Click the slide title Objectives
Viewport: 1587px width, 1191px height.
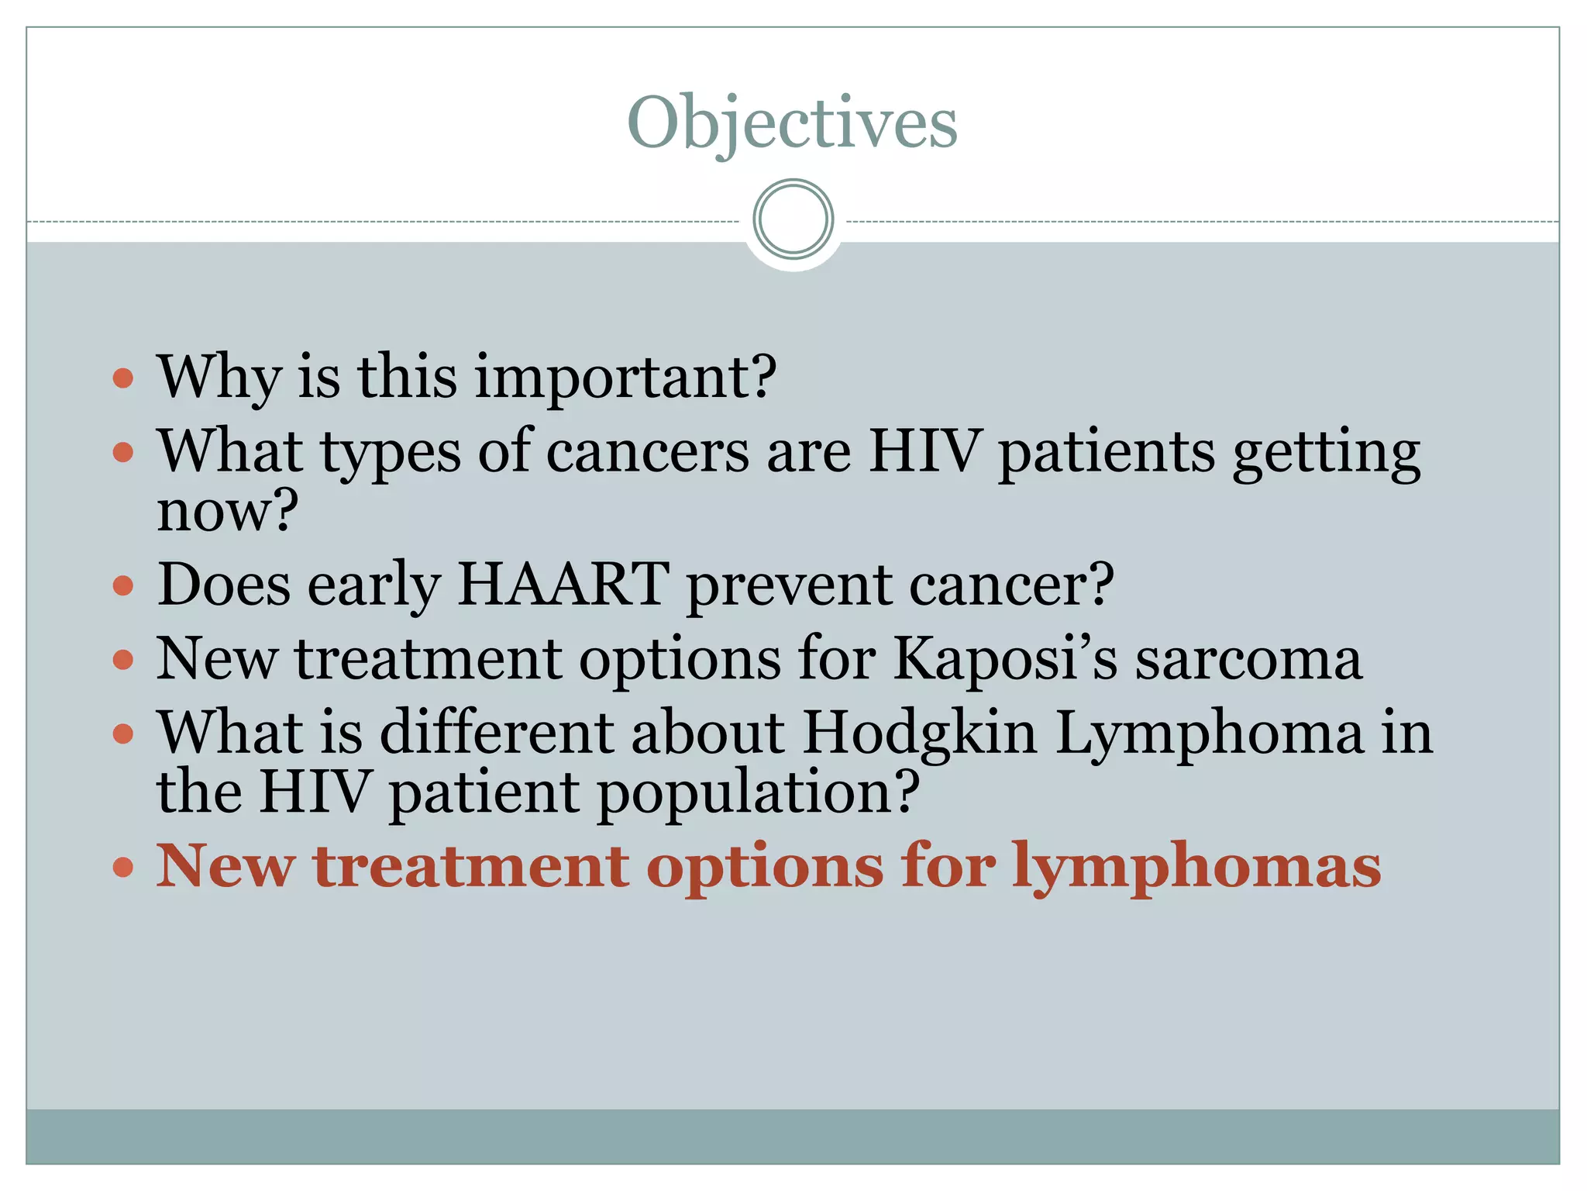792,123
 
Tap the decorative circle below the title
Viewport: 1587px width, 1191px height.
793,219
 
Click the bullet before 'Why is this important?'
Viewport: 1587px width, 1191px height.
123,378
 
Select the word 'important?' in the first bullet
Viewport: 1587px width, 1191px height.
625,378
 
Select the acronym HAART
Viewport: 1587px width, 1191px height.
563,584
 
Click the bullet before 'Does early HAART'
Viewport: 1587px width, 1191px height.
123,585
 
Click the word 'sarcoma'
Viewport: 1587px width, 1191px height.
1248,660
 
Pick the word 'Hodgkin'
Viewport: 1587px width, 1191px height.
919,733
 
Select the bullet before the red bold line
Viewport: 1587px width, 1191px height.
123,866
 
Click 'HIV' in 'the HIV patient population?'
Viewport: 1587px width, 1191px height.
314,792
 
